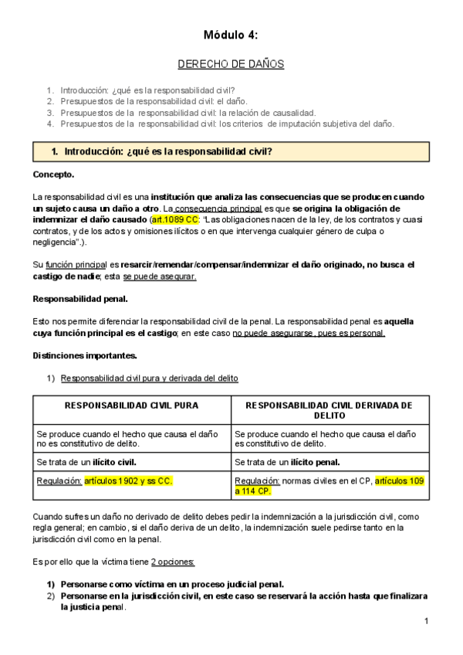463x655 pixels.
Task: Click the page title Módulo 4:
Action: click(x=231, y=35)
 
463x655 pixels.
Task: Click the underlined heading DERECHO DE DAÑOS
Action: click(x=231, y=64)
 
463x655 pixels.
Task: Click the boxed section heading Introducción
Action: click(x=167, y=151)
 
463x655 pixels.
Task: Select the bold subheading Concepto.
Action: click(x=54, y=175)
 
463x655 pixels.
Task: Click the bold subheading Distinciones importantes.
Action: click(x=85, y=355)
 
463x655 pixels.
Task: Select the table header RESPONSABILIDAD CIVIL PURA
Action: click(x=131, y=405)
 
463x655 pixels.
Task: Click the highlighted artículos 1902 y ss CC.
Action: click(x=128, y=480)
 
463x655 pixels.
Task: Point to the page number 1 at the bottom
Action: click(x=425, y=622)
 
